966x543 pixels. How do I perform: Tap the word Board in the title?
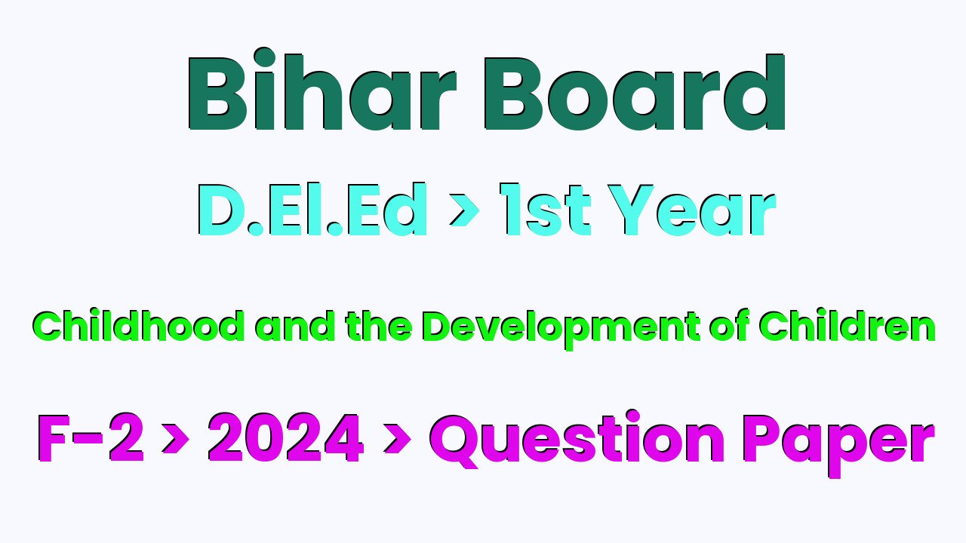(634, 92)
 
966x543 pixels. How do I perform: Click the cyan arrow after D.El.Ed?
(464, 210)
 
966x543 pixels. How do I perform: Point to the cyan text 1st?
(545, 209)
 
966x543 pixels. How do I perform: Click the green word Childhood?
(138, 325)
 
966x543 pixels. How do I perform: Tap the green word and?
(297, 325)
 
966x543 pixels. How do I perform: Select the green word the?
(378, 325)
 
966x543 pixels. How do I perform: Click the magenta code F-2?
(91, 437)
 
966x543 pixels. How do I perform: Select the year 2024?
(285, 437)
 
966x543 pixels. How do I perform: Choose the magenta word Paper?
(838, 445)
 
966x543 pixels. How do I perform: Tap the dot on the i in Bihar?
(264, 57)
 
